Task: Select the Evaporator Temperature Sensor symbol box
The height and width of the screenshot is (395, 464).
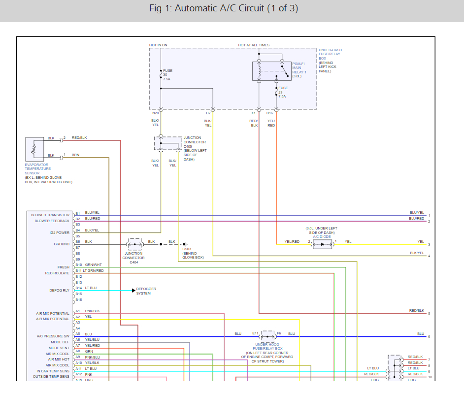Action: (x=34, y=148)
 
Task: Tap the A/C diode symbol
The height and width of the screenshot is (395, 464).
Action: (x=322, y=244)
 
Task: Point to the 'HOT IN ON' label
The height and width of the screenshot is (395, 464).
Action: (x=158, y=45)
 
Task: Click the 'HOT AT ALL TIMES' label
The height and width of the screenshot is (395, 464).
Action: (x=254, y=45)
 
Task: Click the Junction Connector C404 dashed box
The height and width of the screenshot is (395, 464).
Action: (x=134, y=244)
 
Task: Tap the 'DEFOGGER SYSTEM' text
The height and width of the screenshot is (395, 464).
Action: (x=147, y=291)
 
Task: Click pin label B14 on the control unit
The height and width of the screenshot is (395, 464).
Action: (x=78, y=288)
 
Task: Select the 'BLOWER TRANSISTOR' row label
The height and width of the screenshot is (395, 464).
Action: (x=50, y=215)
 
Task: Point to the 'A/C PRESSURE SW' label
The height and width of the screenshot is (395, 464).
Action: (x=53, y=336)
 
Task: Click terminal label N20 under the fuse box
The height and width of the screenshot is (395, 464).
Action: (x=155, y=113)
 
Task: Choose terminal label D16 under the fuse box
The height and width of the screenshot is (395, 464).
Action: (x=269, y=113)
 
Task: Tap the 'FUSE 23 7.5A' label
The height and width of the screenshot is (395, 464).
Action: (x=283, y=92)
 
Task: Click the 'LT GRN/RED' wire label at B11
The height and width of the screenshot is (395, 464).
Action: (x=93, y=271)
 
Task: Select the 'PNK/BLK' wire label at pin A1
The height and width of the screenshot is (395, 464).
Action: (x=92, y=311)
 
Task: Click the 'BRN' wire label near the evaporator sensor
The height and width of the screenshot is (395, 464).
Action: (x=75, y=155)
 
